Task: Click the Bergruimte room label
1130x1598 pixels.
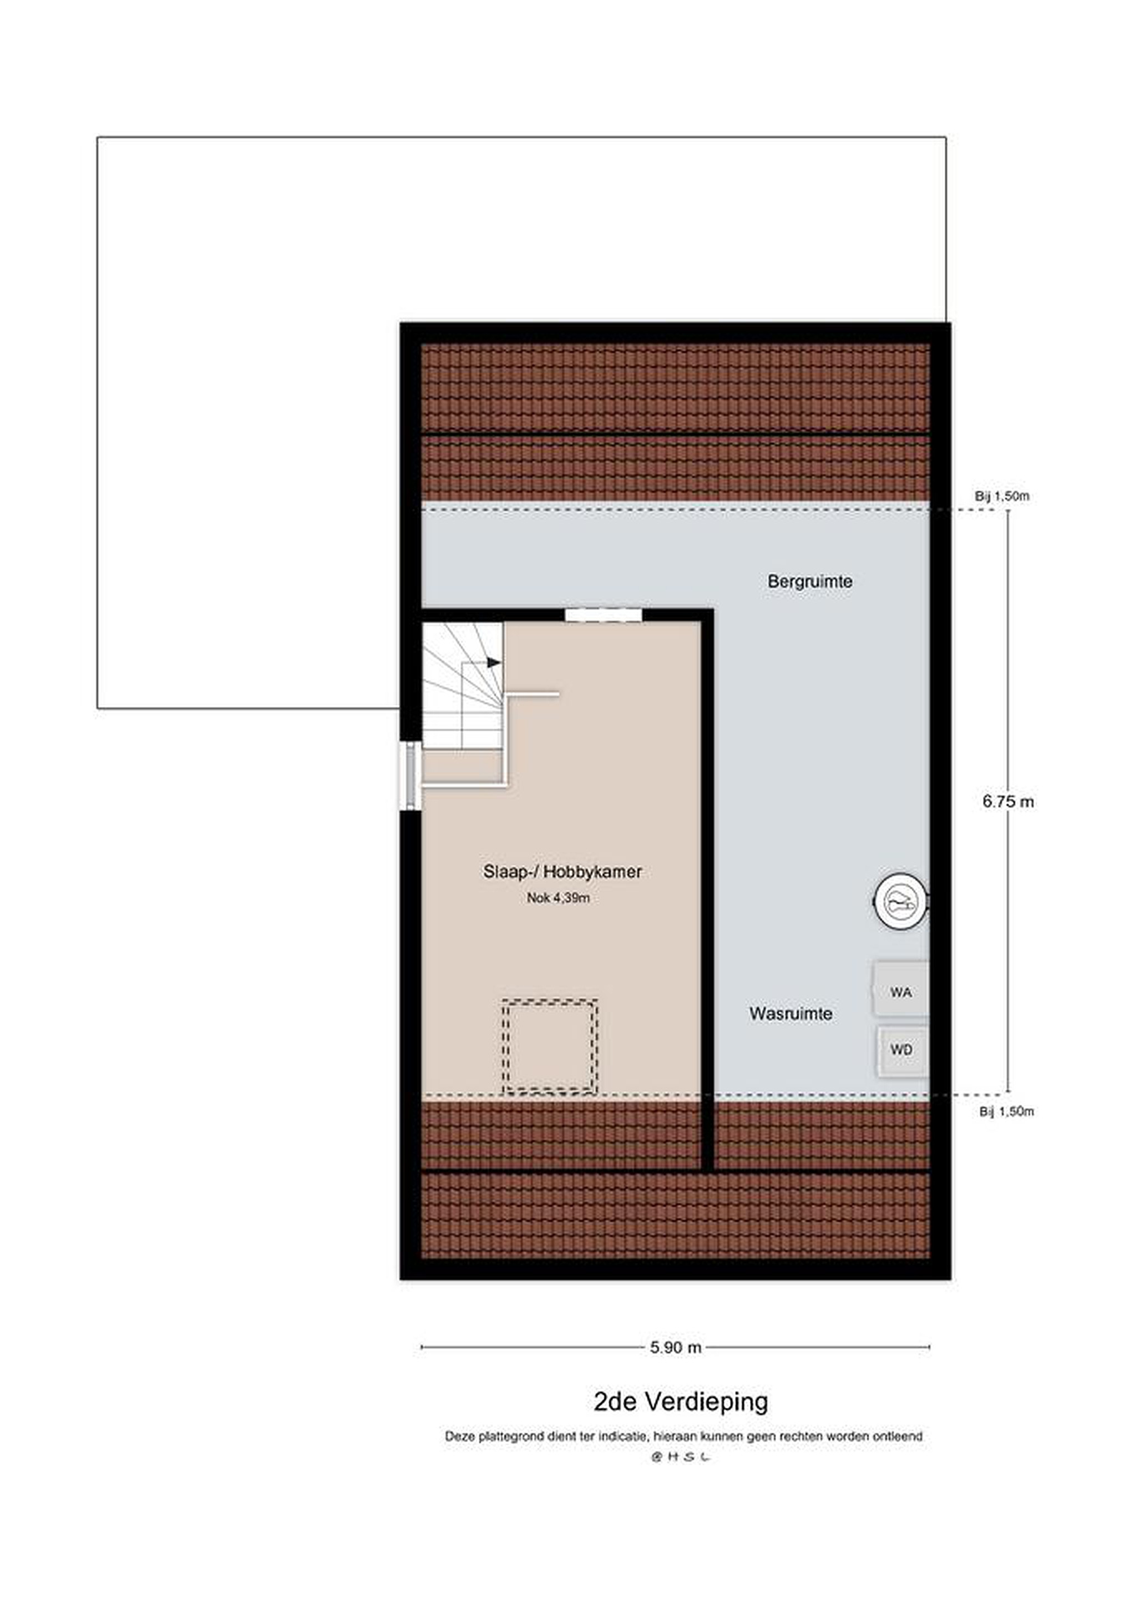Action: tap(810, 581)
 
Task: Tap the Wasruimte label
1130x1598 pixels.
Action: tap(791, 1013)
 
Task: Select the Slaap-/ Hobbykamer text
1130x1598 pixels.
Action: tap(562, 871)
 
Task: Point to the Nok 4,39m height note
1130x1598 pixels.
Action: tap(558, 898)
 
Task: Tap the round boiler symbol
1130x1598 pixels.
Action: tap(901, 903)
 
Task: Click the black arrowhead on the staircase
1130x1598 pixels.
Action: tap(494, 662)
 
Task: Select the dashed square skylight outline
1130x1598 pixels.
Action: tap(550, 1046)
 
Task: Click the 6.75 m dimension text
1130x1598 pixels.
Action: tap(1008, 802)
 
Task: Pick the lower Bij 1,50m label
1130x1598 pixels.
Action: tap(1007, 1112)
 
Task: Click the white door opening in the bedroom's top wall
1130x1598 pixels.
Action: tap(602, 615)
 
